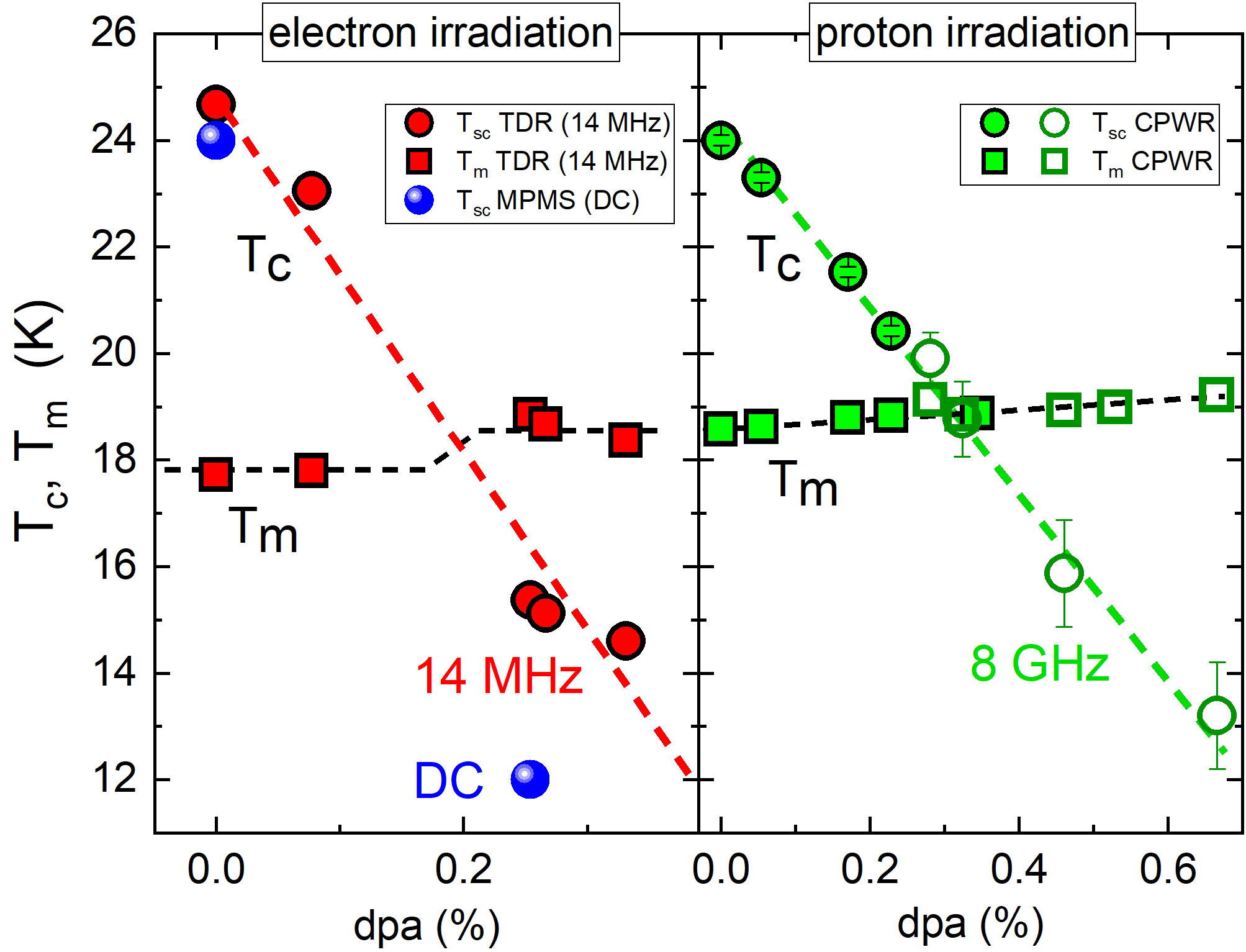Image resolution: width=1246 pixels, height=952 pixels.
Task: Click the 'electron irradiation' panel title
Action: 441,32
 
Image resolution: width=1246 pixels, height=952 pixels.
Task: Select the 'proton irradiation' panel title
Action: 972,32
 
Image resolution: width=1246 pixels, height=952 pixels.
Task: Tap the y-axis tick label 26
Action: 113,32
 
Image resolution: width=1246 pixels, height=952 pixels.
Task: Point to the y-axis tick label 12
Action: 113,779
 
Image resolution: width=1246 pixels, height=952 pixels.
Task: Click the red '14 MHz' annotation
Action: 499,676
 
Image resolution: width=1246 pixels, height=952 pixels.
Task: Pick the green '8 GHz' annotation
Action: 1039,663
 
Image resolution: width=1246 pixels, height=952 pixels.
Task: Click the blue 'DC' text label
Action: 448,781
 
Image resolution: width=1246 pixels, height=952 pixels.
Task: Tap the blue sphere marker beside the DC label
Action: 530,779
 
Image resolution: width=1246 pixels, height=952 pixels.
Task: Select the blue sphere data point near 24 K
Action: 215,140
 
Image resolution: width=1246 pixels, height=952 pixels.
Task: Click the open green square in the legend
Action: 1054,161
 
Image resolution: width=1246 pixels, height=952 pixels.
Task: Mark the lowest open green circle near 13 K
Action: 1217,715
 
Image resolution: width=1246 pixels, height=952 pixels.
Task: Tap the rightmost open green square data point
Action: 1216,394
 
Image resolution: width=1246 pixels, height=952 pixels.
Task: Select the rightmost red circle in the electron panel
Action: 625,641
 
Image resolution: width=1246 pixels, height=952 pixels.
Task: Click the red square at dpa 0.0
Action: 215,474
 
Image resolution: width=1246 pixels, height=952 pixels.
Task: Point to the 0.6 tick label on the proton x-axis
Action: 1167,869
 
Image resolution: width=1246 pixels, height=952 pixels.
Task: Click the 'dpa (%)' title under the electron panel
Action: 427,925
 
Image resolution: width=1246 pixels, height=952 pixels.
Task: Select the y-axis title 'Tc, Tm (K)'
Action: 38,422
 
